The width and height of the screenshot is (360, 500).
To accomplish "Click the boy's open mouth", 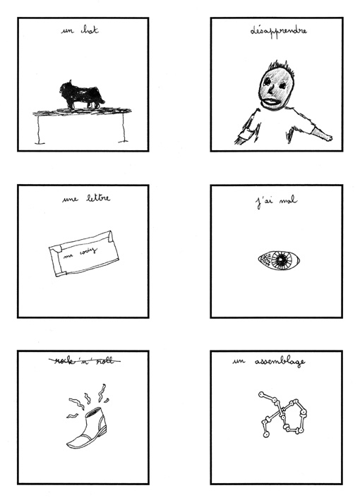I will pyautogui.click(x=270, y=102).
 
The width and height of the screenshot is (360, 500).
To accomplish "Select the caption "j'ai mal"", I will pyautogui.click(x=277, y=202).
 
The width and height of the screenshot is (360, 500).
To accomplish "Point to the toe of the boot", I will pyautogui.click(x=73, y=444).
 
